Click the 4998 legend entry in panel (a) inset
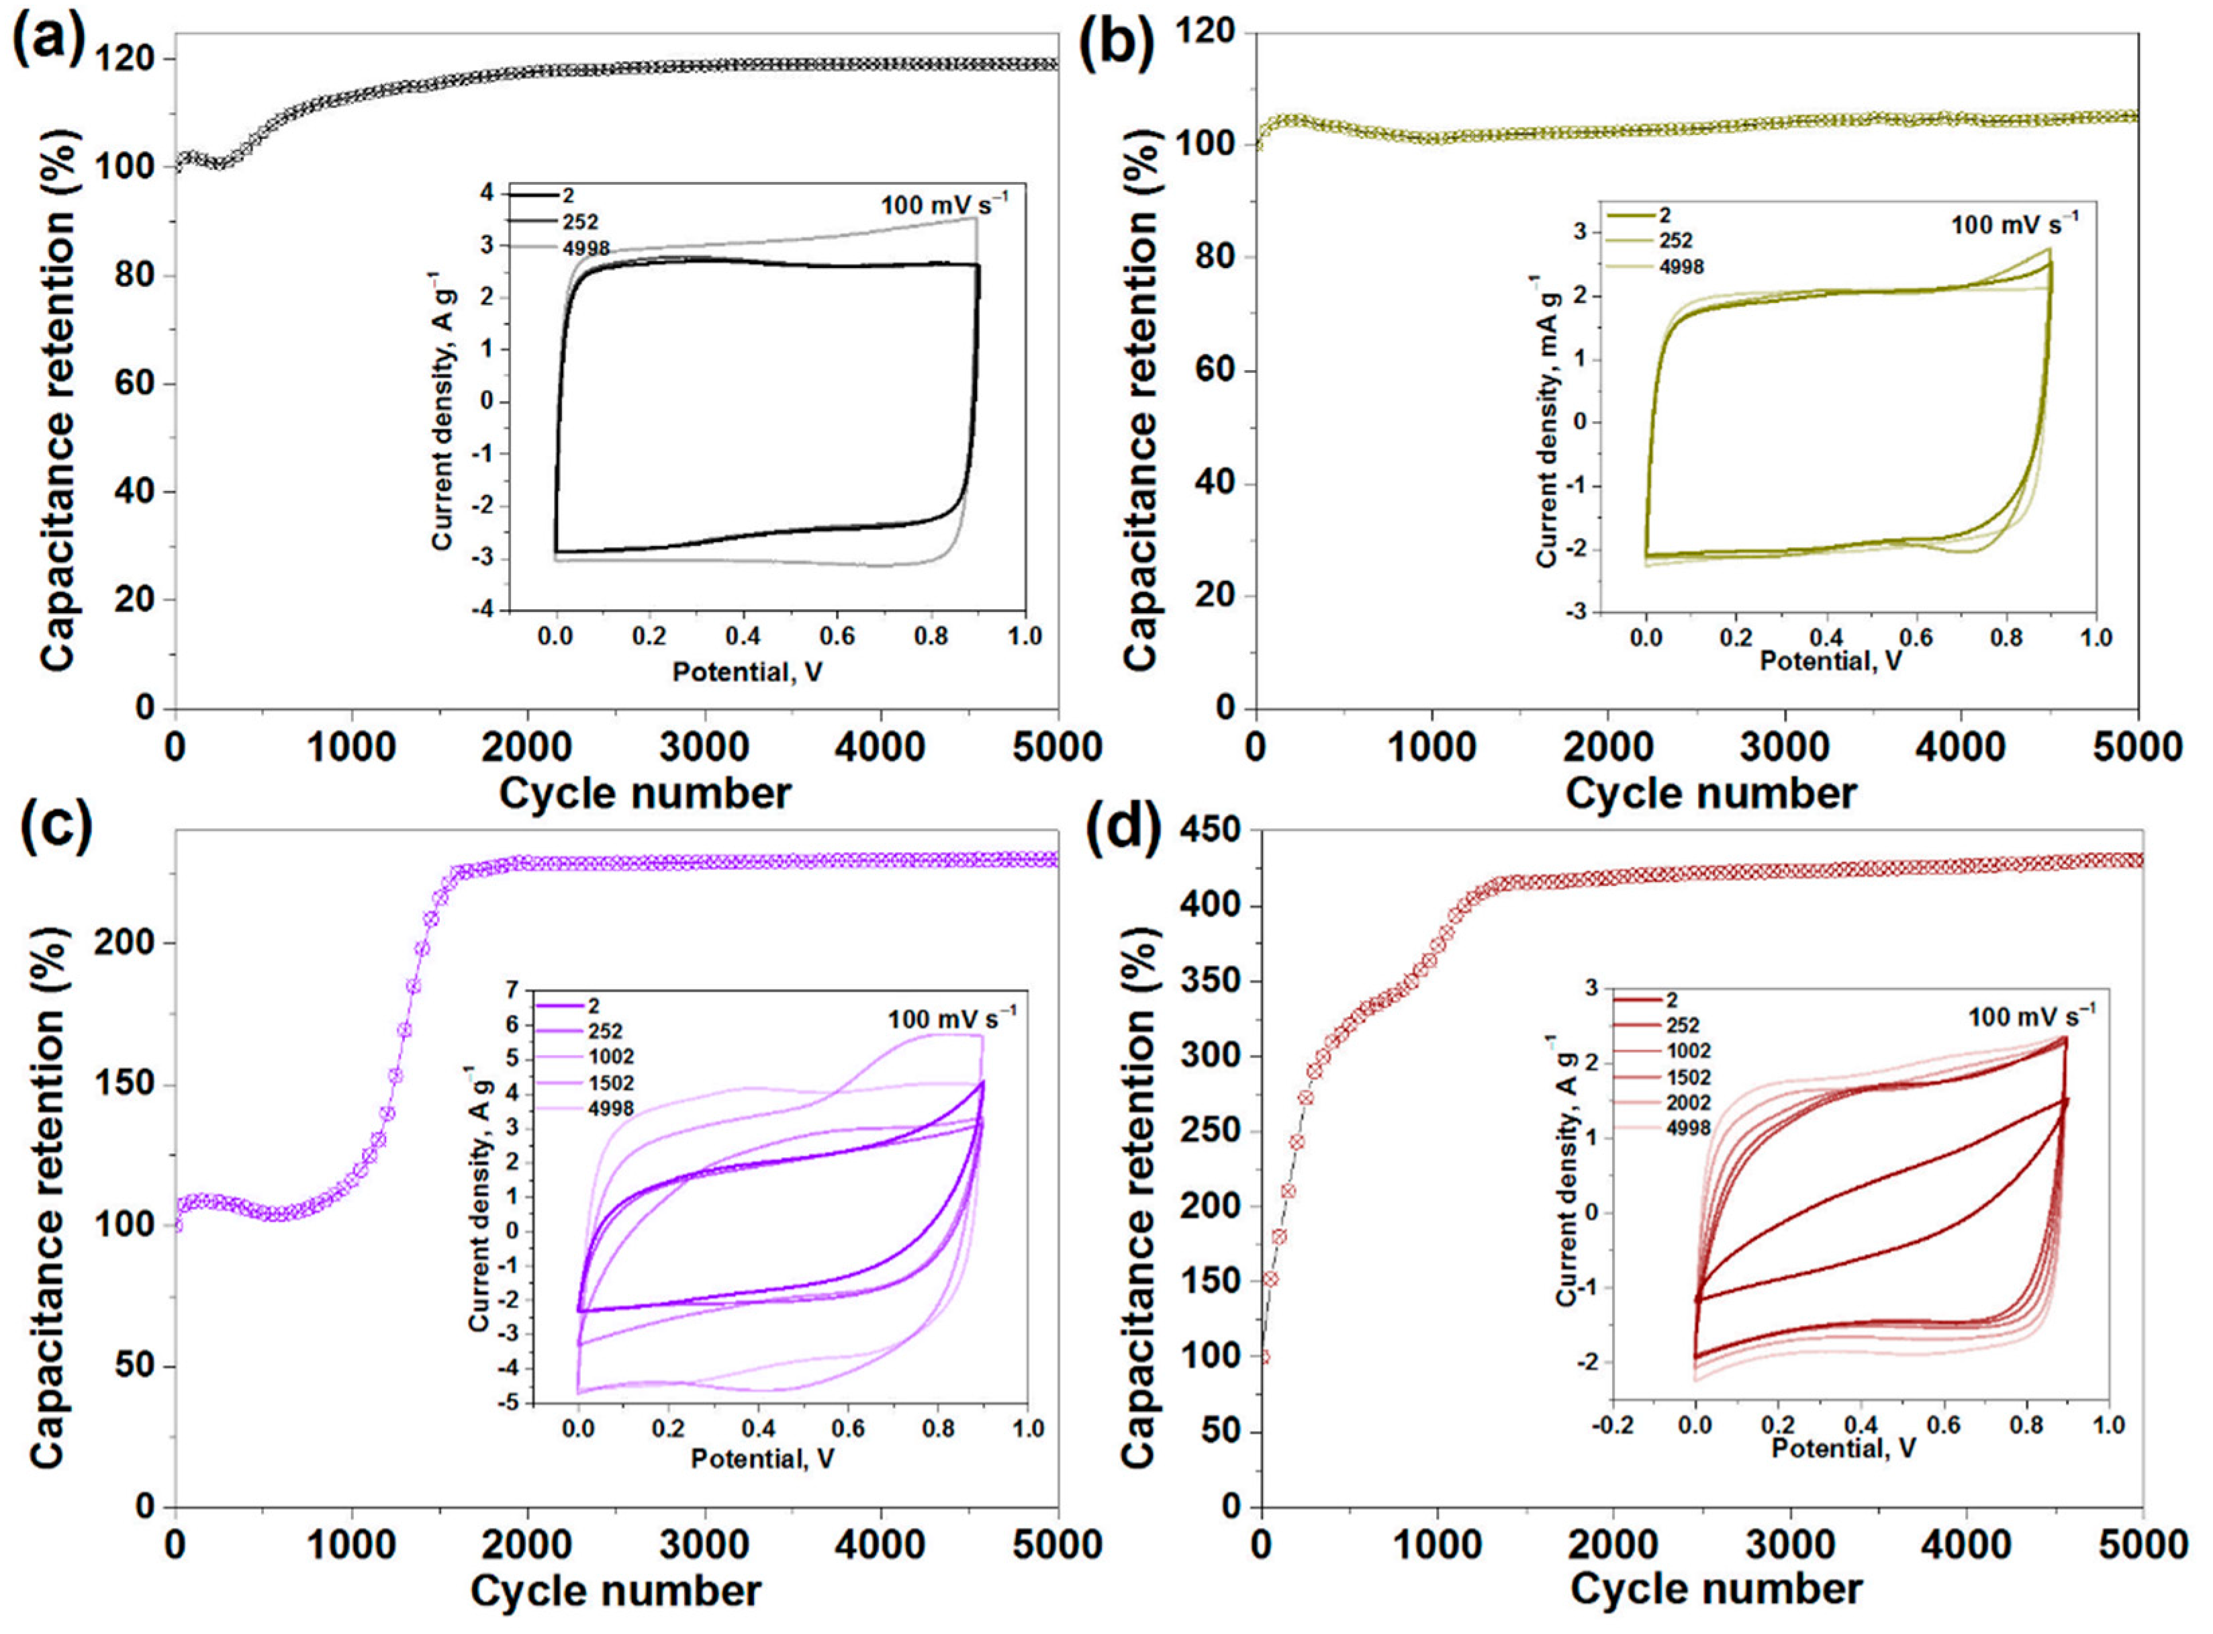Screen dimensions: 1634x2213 pos(585,248)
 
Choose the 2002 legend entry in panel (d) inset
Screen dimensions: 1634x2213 pos(1687,1103)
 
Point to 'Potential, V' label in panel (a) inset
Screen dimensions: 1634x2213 pos(747,672)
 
